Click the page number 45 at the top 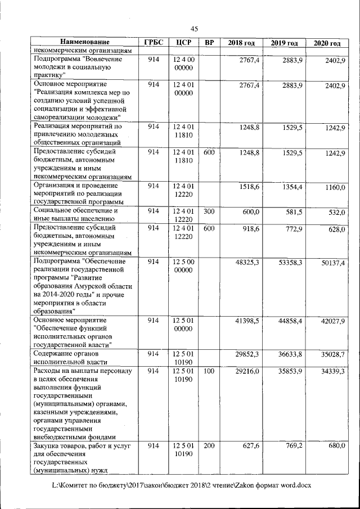tap(194, 29)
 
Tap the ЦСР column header tap(184, 43)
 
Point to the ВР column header tap(209, 43)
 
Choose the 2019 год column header tap(284, 43)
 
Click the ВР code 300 tap(209, 211)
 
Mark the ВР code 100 tap(209, 371)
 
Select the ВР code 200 tap(209, 445)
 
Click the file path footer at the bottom tap(181, 484)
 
